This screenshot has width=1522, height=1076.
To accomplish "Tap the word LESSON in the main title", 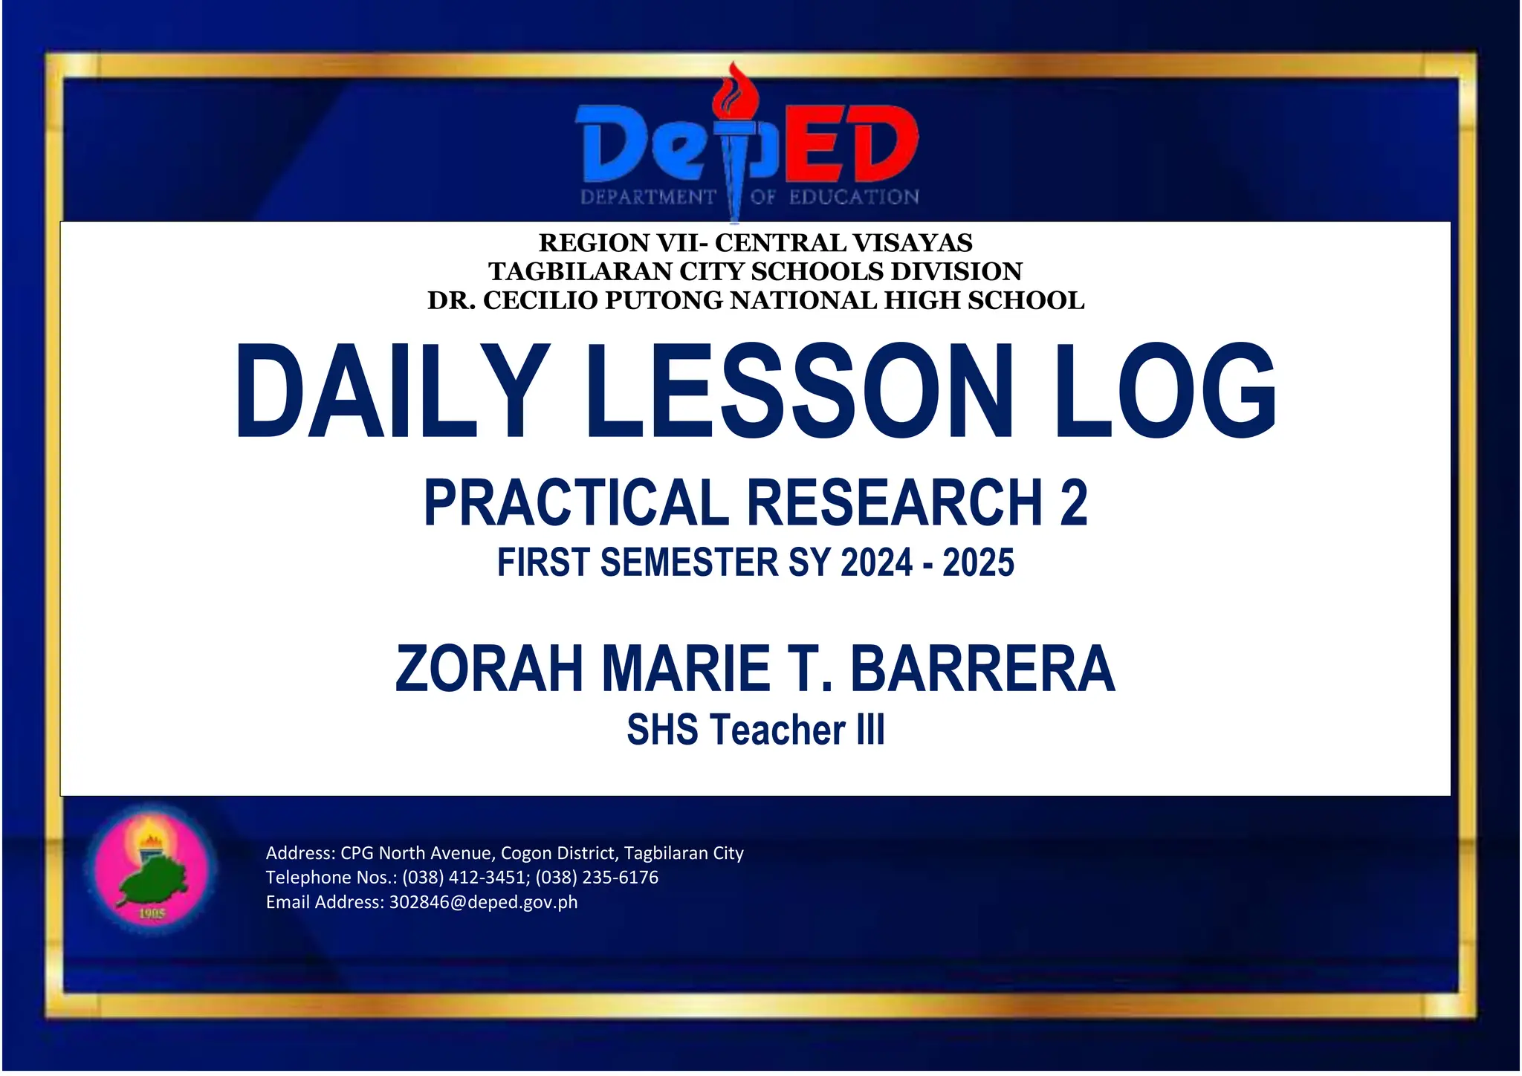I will [800, 391].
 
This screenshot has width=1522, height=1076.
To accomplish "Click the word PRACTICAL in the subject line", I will [577, 503].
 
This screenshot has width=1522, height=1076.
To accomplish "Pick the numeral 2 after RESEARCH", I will [1072, 503].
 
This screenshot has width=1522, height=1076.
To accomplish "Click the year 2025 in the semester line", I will [978, 563].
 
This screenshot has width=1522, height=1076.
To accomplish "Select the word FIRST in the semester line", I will [543, 563].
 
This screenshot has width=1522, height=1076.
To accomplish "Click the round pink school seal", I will [153, 866].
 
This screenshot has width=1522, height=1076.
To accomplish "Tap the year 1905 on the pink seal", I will [152, 913].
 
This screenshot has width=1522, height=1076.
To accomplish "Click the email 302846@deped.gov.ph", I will [483, 902].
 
